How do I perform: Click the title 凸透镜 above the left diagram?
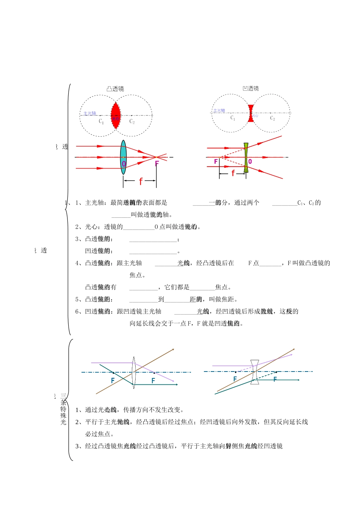[115, 89]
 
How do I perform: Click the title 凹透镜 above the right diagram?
[250, 89]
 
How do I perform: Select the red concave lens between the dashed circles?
[250, 113]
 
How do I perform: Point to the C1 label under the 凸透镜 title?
[101, 121]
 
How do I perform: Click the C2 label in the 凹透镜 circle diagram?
[272, 118]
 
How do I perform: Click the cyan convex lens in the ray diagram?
[123, 157]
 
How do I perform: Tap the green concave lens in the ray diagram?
[246, 158]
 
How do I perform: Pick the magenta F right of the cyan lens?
[157, 164]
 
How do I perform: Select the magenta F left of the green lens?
[216, 162]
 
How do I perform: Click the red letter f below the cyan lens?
[141, 181]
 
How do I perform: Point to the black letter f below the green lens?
[233, 173]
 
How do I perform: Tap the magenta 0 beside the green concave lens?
[250, 162]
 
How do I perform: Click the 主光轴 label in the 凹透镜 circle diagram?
[219, 111]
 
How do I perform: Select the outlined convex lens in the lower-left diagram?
[133, 372]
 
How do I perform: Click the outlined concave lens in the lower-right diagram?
[255, 372]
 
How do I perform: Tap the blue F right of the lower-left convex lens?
[153, 381]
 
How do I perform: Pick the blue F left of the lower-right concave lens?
[235, 379]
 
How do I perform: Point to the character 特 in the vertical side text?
[63, 409]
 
